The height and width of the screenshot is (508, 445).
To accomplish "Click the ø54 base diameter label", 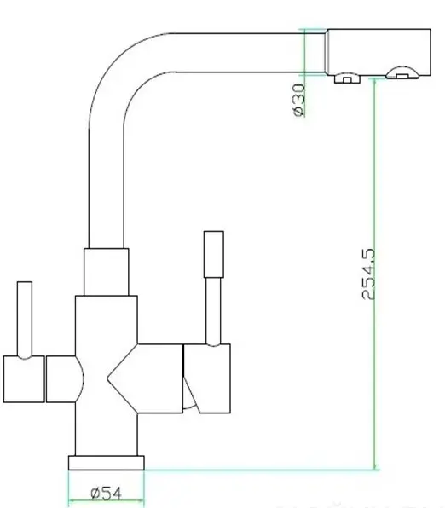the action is pos(107,494).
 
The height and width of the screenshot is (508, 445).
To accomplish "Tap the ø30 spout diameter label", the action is pos(298,100).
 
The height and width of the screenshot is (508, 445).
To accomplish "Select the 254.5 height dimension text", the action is pos(368,274).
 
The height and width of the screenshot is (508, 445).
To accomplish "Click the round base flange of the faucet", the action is pos(107,463).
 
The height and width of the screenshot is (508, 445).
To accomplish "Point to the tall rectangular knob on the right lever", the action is pos(214,254).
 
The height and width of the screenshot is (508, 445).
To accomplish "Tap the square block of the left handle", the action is pos(24,379).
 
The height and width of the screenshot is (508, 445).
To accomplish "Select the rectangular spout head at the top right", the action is pos(378,52).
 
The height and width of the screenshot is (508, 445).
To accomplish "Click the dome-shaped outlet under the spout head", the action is pos(402,73).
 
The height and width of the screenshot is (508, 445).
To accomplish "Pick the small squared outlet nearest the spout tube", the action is pos(347,78).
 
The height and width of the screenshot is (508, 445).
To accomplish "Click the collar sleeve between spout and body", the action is pos(107,272).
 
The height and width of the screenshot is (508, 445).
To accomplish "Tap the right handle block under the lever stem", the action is pos(207,378).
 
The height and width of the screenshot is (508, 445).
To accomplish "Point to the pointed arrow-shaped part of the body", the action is pos(145,378).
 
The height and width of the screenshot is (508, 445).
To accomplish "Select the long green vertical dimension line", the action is pos(374,274).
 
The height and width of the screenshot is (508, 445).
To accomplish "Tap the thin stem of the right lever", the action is pos(214,312).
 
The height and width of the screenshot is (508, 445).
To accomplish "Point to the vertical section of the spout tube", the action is pos(107,188).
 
